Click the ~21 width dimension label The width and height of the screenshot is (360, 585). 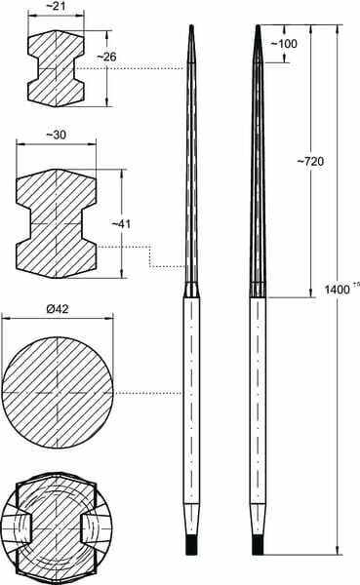[56, 6]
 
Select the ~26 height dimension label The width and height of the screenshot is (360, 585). [106, 57]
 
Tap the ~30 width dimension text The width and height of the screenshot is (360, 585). [57, 135]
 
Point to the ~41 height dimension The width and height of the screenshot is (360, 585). [121, 224]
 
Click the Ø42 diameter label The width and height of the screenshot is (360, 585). [58, 309]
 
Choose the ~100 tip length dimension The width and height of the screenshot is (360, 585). [284, 44]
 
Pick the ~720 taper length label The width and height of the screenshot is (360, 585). [310, 162]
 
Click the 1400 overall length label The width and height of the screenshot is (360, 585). [337, 290]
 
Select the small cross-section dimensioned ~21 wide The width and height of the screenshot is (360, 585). [56, 68]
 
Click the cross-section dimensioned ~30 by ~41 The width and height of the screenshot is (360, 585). [56, 223]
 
